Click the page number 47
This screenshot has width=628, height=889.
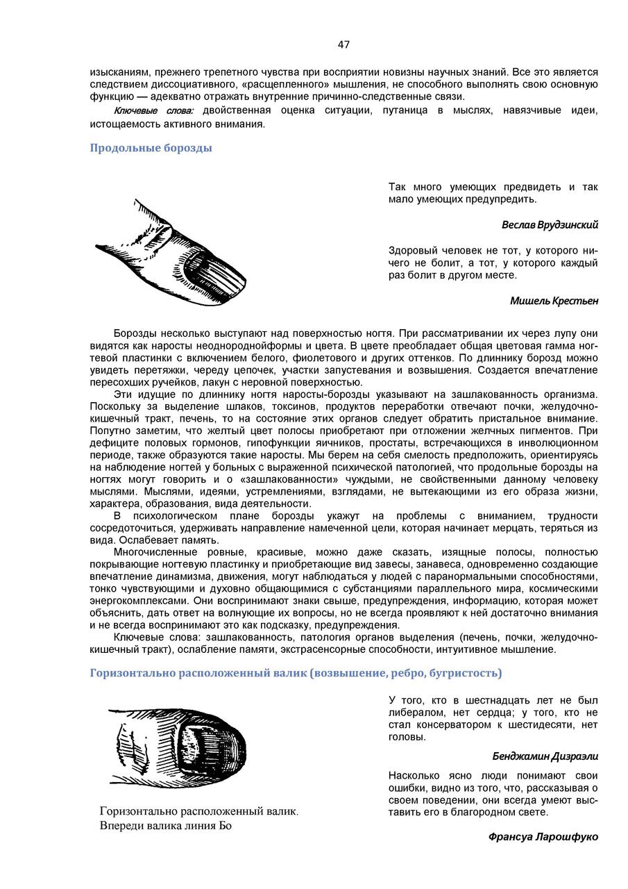point(343,44)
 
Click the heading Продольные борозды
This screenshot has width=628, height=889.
point(151,148)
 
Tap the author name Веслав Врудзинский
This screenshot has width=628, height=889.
point(550,225)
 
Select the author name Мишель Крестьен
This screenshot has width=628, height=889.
point(554,301)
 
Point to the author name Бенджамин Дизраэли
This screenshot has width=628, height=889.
point(545,756)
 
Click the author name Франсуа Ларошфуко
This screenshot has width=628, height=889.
point(543,837)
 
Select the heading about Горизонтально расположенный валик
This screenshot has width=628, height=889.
point(296,673)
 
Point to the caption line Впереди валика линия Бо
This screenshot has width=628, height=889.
point(165,826)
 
